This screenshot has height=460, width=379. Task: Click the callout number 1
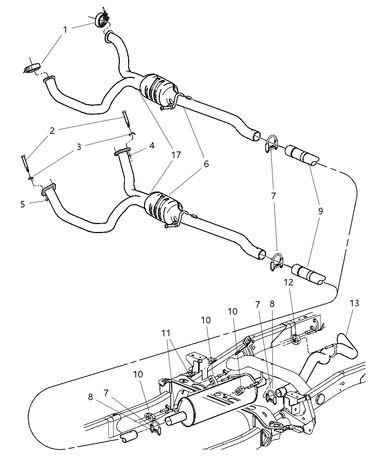point(65,30)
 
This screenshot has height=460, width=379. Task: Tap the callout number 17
point(176,155)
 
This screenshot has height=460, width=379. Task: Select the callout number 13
point(354,303)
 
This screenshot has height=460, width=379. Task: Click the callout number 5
point(23,204)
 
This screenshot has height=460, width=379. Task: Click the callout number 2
point(52,131)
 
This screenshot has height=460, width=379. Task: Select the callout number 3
point(79,147)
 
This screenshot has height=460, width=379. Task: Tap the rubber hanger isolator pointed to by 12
point(295,339)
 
